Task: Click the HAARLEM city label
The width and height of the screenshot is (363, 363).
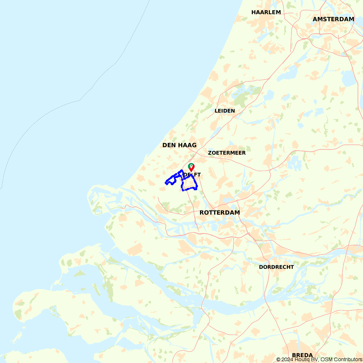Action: tap(266, 12)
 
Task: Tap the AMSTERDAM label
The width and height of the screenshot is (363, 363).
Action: tap(333, 19)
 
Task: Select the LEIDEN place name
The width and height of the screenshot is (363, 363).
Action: tap(225, 111)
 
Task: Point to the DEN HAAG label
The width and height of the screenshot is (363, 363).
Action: tap(179, 145)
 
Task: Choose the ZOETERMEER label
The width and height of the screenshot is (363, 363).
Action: tap(227, 153)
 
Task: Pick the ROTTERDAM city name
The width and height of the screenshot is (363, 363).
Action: tap(220, 212)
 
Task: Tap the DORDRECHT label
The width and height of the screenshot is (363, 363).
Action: tap(276, 267)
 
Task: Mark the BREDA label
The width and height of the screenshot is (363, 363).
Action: tap(302, 355)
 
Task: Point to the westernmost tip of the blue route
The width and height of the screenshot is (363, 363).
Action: tap(166, 183)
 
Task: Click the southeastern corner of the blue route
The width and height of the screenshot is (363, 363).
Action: tap(197, 188)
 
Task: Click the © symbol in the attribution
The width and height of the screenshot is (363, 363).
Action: tap(278, 359)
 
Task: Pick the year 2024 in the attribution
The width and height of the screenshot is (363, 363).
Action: tap(286, 359)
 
